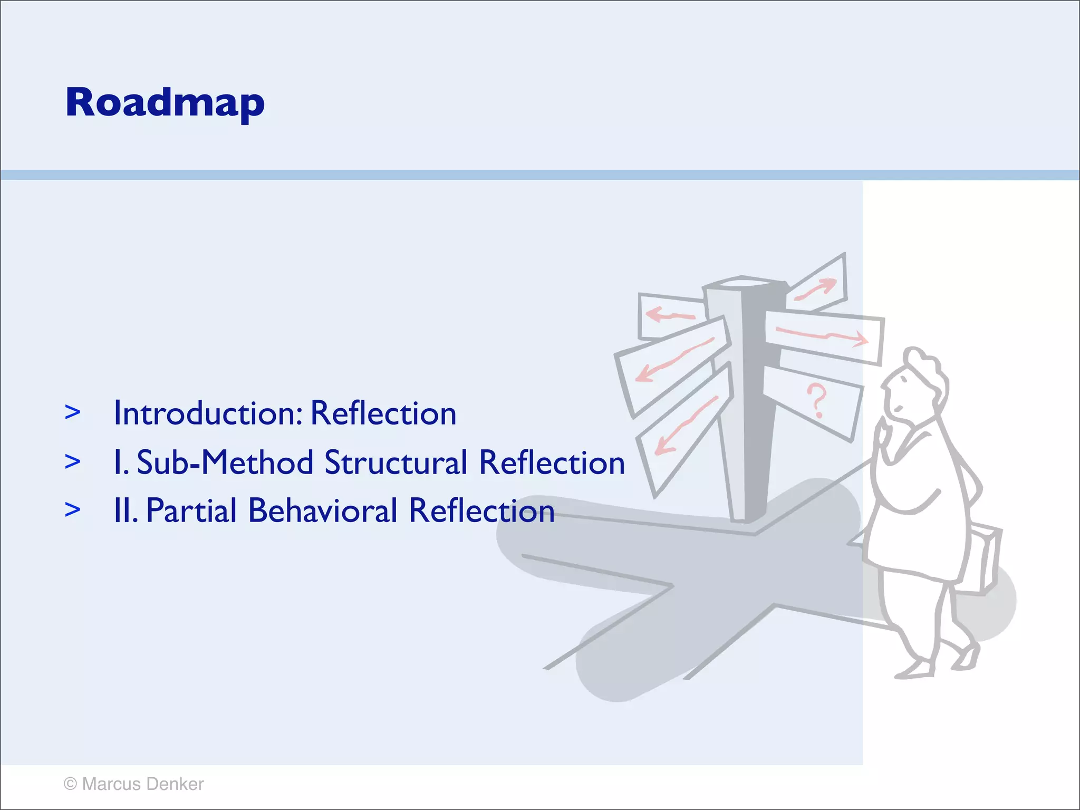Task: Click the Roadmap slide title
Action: [165, 103]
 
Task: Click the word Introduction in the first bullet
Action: [208, 413]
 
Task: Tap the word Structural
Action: [396, 463]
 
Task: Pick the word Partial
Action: [191, 512]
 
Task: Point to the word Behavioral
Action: [323, 512]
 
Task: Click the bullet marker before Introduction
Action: [73, 413]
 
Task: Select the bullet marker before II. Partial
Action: [73, 510]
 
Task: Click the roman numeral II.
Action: [125, 512]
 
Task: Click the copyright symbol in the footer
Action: [70, 784]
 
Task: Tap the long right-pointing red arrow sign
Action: [823, 336]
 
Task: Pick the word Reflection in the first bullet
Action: [383, 413]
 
